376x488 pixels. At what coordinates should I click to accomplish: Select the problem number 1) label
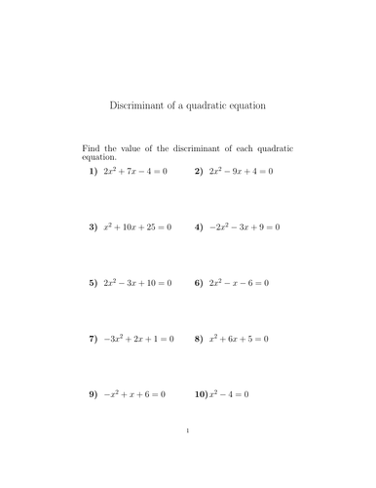coord(94,171)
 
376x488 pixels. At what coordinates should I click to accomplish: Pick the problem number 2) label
coord(198,171)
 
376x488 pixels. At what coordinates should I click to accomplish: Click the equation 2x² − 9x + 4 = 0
coord(241,171)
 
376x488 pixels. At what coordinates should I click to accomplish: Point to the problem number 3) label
coord(94,227)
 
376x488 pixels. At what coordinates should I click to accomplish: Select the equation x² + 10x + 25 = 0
coord(137,227)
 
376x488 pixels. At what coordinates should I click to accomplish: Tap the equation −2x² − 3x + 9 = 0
coord(244,227)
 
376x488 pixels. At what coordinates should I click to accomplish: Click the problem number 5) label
coord(94,283)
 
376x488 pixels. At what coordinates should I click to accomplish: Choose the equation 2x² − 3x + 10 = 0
coord(137,283)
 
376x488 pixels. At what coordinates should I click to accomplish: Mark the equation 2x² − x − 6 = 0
coord(238,283)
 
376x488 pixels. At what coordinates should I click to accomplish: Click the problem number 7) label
coord(94,339)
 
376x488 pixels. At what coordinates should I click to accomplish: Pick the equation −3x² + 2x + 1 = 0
coord(138,339)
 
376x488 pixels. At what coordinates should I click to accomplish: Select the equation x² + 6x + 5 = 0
coord(238,339)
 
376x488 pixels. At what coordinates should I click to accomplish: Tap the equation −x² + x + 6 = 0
coord(134,394)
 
